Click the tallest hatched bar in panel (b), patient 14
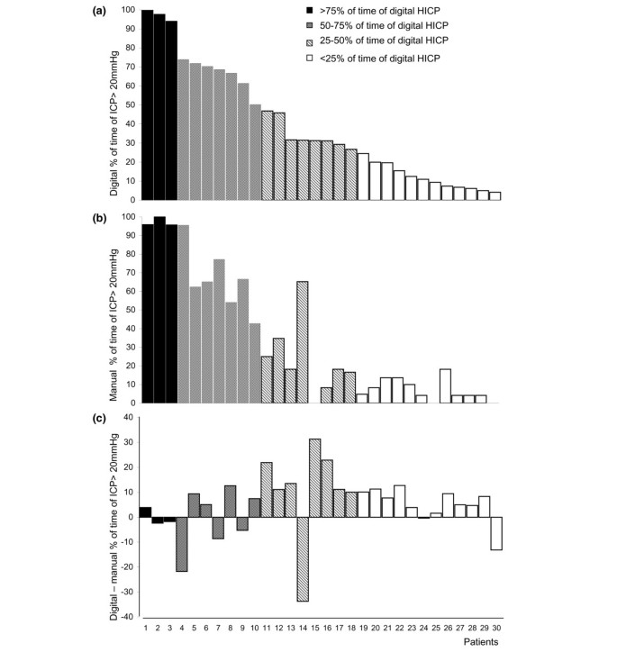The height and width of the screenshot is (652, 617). click(303, 342)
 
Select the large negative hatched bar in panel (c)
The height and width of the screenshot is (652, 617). click(303, 558)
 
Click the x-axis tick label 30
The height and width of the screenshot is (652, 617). click(497, 627)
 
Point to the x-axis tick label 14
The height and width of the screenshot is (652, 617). click(303, 627)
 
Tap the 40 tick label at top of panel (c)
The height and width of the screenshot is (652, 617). click(129, 418)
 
